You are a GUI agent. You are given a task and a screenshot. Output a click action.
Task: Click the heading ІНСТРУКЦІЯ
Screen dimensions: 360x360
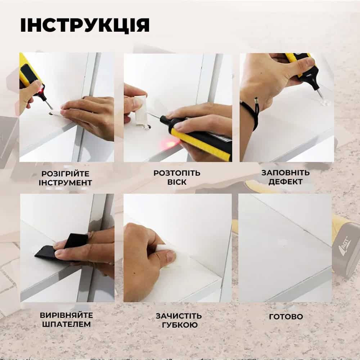click(x=85, y=25)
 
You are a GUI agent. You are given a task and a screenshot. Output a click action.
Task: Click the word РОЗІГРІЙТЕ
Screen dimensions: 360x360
click(x=66, y=174)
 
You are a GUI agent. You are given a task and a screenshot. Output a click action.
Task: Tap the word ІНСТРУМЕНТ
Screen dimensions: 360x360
click(x=66, y=183)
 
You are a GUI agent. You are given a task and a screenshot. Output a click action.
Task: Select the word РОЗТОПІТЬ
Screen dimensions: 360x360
click(x=177, y=173)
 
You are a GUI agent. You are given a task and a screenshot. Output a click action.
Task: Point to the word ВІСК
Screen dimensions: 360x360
click(x=177, y=182)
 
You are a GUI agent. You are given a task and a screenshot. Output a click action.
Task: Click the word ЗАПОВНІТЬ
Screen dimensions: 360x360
click(x=285, y=173)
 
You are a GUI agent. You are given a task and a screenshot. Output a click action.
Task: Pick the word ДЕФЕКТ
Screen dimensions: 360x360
click(x=285, y=181)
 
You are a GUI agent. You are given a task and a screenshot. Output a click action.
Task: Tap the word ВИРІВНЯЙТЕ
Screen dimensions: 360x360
click(x=66, y=315)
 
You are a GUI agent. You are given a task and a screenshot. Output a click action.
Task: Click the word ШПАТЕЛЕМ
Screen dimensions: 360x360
click(x=66, y=324)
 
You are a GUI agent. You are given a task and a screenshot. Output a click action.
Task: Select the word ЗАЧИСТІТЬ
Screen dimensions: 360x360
click(x=179, y=316)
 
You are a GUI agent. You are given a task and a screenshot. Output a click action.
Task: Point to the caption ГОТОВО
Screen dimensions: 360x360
click(x=286, y=316)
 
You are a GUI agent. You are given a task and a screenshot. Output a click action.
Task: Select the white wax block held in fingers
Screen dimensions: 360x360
click(x=140, y=110)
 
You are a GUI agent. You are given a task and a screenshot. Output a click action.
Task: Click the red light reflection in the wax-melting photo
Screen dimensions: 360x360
click(x=169, y=145)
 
